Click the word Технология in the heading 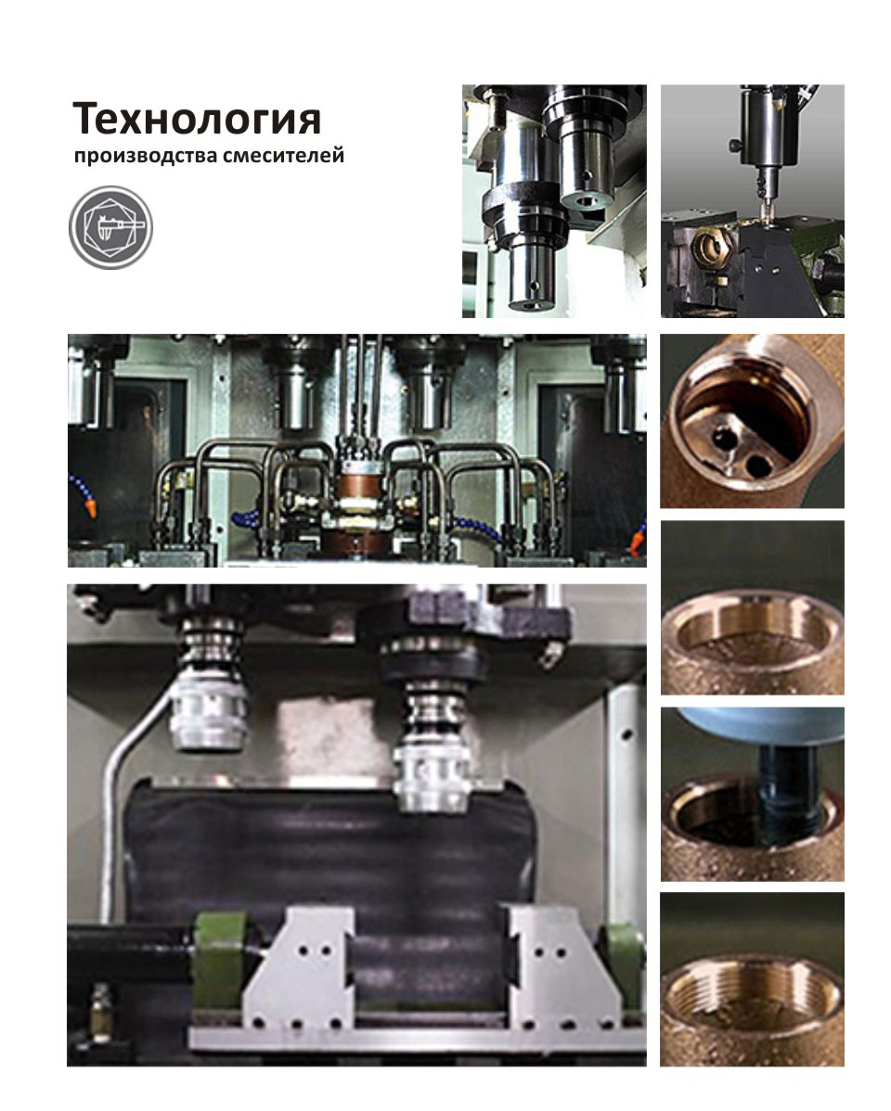point(197,120)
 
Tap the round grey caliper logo point(110,227)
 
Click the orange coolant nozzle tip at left point(90,508)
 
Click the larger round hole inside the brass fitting point(760,465)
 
